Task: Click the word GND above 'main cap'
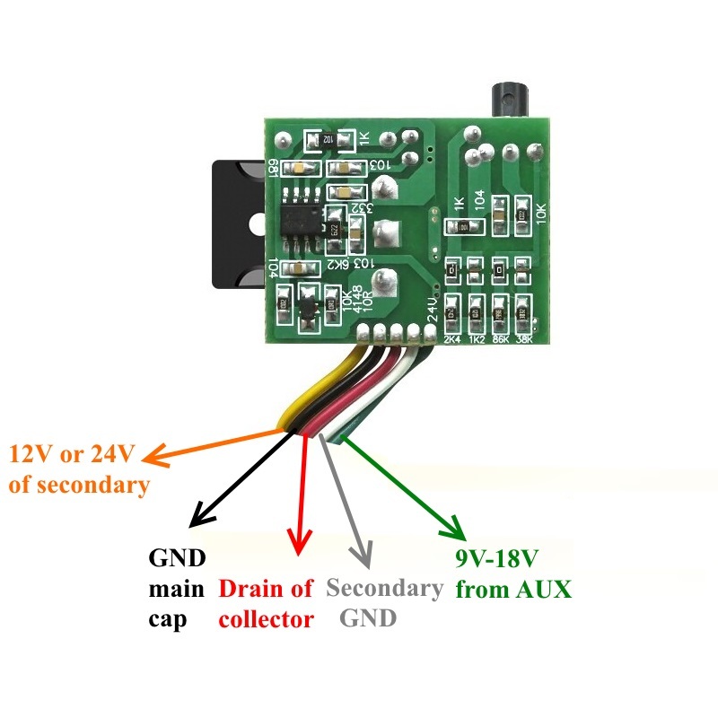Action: tap(177, 558)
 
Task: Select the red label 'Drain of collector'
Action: tap(267, 604)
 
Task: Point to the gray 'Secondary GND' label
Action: tap(384, 603)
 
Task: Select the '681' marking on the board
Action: tap(272, 167)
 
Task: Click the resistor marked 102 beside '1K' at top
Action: tap(329, 139)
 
